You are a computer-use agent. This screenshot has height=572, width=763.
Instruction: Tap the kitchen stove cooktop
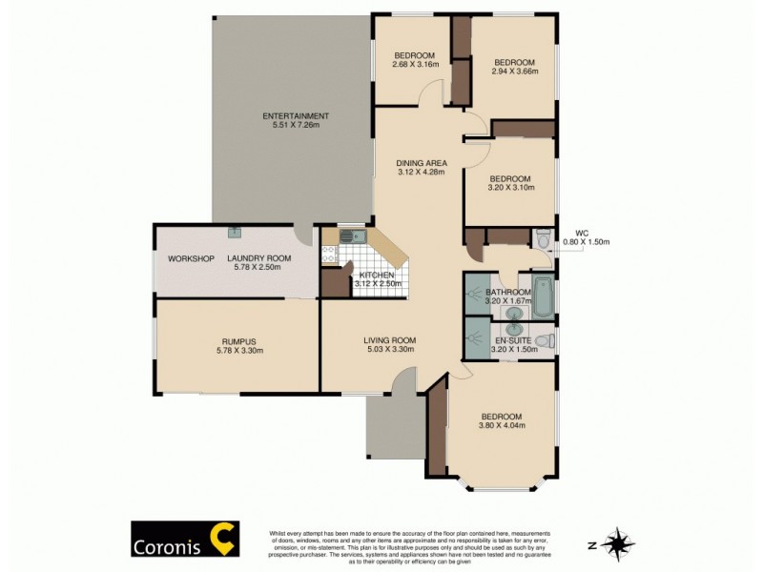[330, 254]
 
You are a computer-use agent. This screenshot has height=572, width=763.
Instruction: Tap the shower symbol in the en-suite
[475, 338]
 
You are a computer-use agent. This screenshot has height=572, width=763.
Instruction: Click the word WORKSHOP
[188, 258]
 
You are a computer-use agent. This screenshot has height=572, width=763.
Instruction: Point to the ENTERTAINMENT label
[296, 116]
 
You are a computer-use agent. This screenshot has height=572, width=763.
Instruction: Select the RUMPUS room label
[237, 340]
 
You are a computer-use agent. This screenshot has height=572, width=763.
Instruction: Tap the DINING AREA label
[422, 163]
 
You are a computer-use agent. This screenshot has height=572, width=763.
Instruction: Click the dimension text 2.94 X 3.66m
[515, 71]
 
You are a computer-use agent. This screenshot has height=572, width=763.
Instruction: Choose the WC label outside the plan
[584, 232]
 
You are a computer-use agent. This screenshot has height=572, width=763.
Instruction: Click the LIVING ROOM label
[390, 340]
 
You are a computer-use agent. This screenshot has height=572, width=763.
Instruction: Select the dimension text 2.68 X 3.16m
[415, 65]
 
